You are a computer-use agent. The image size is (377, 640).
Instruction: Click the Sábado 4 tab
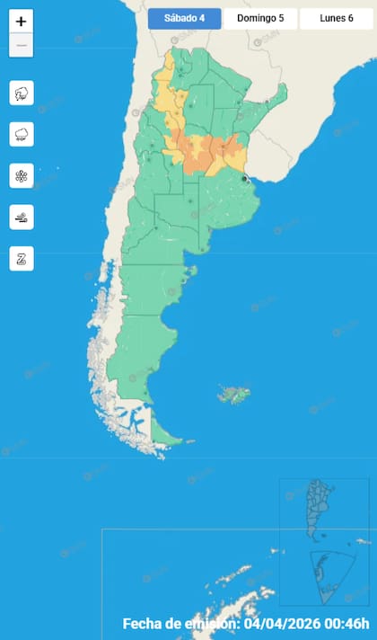(x=184, y=18)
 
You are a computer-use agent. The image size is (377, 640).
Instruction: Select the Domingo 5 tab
(x=260, y=18)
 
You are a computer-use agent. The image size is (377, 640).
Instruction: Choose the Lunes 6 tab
(x=336, y=18)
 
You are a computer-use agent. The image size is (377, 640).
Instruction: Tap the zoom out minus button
(x=22, y=46)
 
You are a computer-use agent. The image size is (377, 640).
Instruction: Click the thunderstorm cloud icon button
(x=22, y=93)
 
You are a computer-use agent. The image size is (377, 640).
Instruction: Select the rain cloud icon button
(x=22, y=135)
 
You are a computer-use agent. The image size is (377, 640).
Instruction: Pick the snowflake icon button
(x=22, y=175)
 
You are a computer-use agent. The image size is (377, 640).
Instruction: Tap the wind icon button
(x=22, y=217)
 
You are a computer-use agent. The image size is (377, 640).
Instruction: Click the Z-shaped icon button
(x=22, y=259)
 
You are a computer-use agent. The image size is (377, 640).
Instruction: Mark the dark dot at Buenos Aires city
(x=244, y=179)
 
